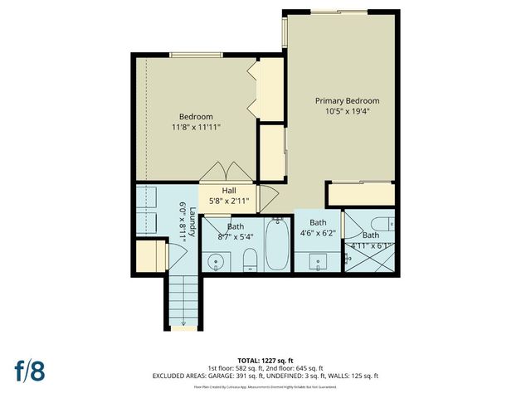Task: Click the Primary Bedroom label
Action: coord(341,100)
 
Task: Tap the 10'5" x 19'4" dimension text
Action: coord(341,111)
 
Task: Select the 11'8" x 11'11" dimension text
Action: coord(196,128)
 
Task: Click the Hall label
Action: coord(228,191)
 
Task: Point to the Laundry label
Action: coord(192,221)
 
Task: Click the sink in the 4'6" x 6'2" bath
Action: coord(319,263)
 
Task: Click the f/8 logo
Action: coord(28,370)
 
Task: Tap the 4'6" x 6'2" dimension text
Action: coord(319,234)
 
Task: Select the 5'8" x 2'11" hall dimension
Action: coord(228,201)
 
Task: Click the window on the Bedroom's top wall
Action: coord(195,56)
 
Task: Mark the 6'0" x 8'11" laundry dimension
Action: coord(183,221)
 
